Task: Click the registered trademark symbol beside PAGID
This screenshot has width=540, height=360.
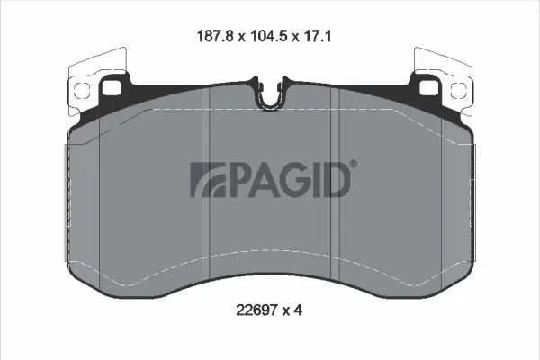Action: [354, 164]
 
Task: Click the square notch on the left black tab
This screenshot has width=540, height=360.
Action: [114, 88]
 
